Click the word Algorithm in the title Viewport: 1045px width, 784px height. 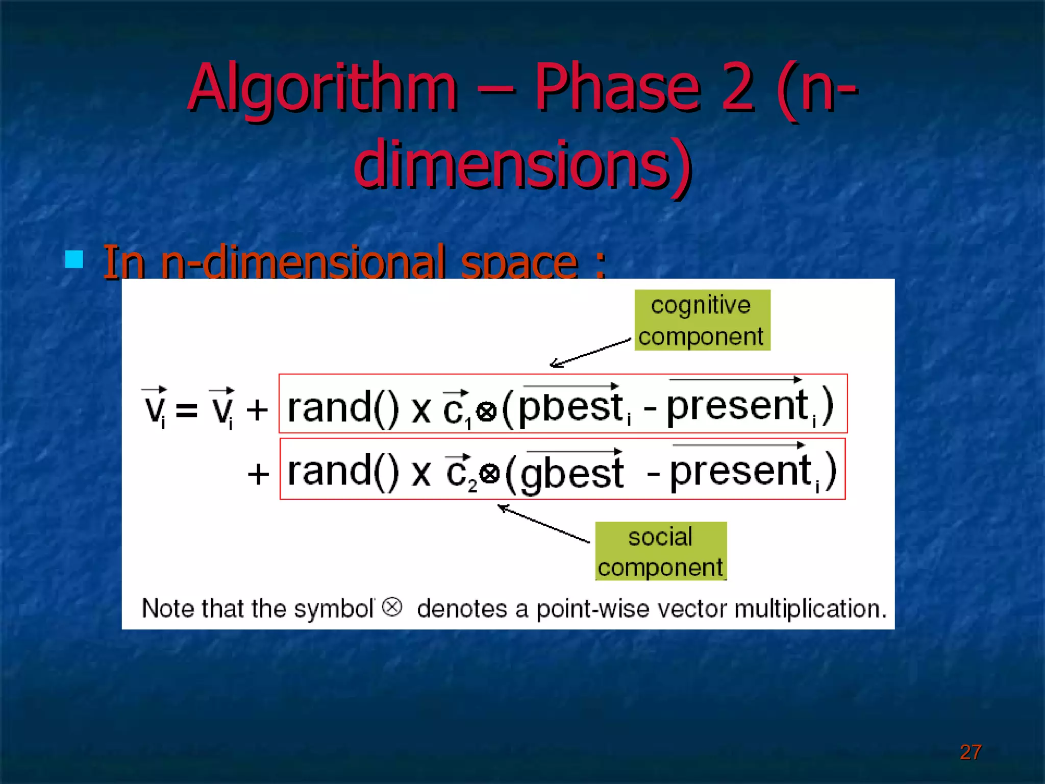(x=322, y=88)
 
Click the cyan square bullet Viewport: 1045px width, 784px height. (x=74, y=259)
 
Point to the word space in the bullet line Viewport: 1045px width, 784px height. (x=519, y=263)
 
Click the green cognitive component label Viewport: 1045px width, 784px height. (x=702, y=321)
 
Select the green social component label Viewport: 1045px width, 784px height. (x=661, y=551)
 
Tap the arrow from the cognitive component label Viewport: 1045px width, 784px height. (x=590, y=353)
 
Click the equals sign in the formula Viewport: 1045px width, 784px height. (x=186, y=409)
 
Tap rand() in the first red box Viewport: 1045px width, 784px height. (x=343, y=408)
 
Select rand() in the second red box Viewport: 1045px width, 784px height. (x=343, y=472)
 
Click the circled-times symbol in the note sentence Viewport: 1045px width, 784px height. (x=392, y=607)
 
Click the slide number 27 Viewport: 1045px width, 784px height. (x=970, y=752)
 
